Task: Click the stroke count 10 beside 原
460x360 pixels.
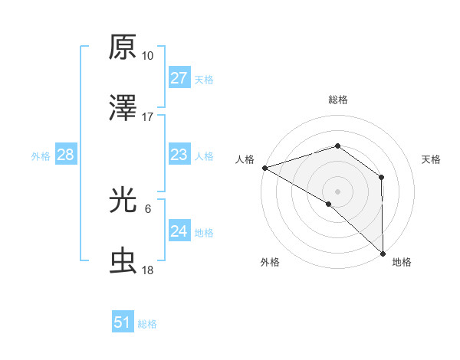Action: coord(147,56)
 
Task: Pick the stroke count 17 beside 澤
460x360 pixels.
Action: coord(147,117)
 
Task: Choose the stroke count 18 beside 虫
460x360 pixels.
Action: coord(147,271)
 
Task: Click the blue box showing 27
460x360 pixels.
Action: coord(179,78)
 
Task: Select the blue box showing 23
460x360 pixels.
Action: coord(179,155)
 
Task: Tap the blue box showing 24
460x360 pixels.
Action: coord(179,231)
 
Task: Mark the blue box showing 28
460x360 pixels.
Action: coord(66,155)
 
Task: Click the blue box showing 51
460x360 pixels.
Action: coord(123,322)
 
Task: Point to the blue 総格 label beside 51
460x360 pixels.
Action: coord(147,324)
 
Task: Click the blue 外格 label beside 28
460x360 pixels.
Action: coord(41,156)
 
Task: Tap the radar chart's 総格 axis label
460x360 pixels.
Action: coord(337,100)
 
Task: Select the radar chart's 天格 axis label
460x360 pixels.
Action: coord(431,159)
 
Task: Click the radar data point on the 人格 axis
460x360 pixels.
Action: coord(264,167)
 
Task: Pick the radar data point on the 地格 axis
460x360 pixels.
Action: coord(383,252)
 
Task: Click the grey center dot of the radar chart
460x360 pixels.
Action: coord(337,191)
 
